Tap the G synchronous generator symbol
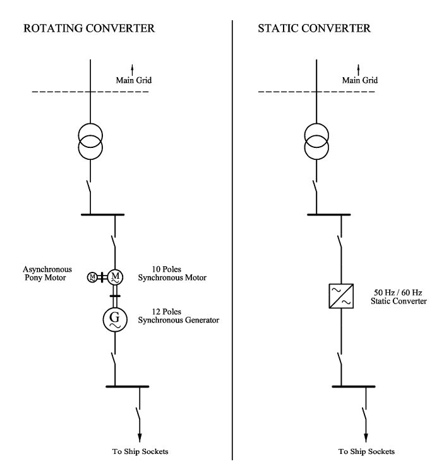[116, 320]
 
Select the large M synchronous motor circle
[116, 276]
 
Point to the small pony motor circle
[92, 276]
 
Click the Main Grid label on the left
[133, 80]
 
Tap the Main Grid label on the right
[360, 80]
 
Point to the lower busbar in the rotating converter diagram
[127, 385]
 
